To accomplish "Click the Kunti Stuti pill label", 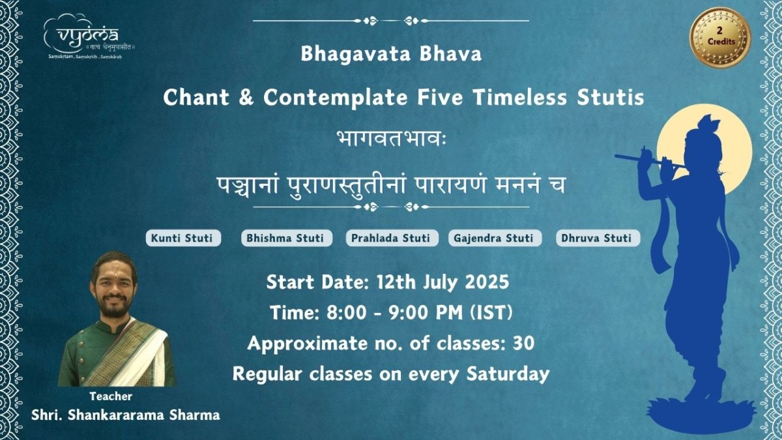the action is point(183,238).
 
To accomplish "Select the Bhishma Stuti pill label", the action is point(287,238).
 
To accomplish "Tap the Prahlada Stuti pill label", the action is point(392,238).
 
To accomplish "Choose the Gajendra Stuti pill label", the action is point(495,238).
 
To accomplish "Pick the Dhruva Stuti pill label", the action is point(598,238).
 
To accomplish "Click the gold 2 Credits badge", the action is point(720,37).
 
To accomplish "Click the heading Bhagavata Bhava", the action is point(392,54).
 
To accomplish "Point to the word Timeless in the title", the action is point(519,97).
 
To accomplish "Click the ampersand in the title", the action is point(246,97).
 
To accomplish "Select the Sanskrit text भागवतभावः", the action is point(392,139).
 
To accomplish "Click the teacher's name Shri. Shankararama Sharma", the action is point(126,416).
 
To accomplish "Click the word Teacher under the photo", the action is point(111,396).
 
